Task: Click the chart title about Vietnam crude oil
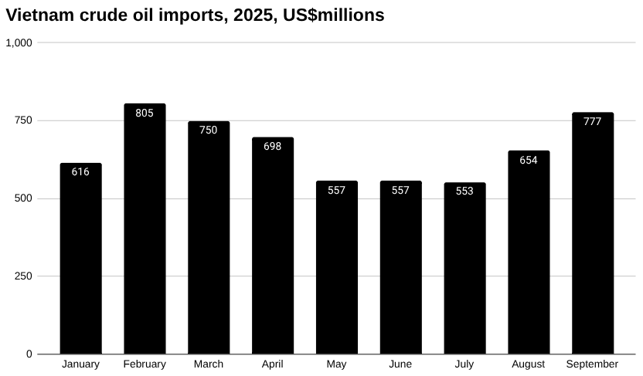coord(195,15)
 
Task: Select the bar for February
coord(145,232)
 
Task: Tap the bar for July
coord(464,270)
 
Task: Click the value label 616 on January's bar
coord(80,172)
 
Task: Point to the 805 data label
coord(145,113)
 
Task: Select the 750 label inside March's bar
coord(209,130)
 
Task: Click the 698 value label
coord(272,146)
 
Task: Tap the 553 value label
coord(464,191)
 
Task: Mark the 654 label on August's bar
coord(529,160)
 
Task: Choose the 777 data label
coord(593,121)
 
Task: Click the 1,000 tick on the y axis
coord(19,43)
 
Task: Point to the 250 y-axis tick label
coord(24,276)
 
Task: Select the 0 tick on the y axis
coord(29,354)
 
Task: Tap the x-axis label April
coord(272,364)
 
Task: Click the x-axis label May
coord(336,364)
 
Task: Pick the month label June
coord(400,364)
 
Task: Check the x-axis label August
coord(529,364)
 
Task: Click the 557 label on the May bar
coord(336,190)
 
